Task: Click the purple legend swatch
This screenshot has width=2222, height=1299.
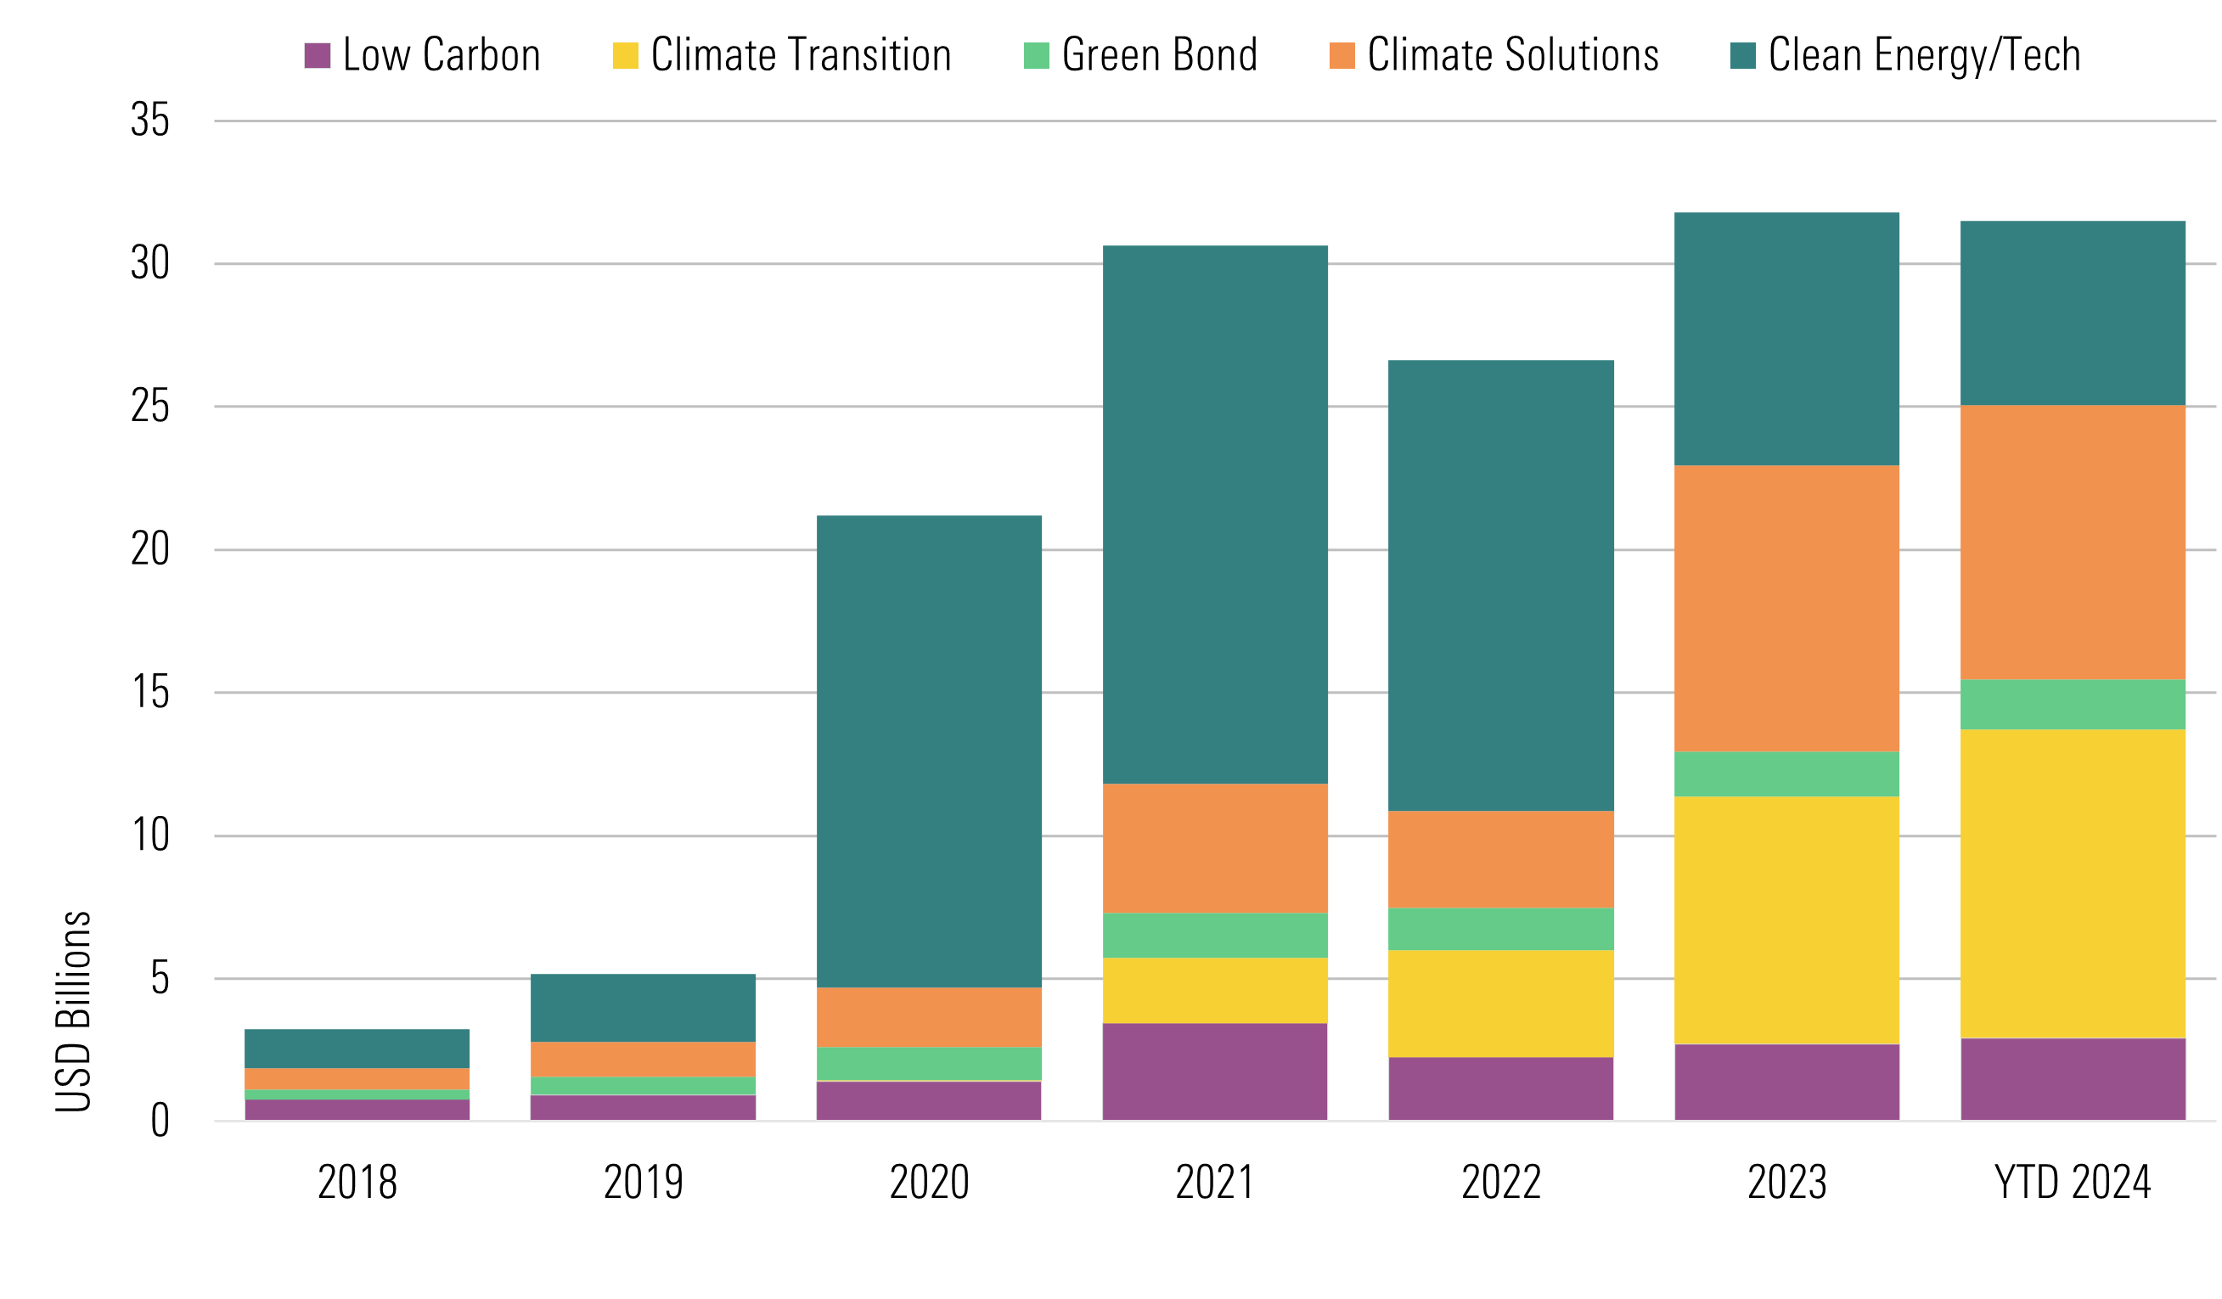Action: pos(318,55)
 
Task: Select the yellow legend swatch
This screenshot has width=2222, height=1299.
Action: pos(625,55)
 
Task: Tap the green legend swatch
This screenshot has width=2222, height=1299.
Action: pos(1036,55)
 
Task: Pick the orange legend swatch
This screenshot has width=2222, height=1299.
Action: pos(1342,55)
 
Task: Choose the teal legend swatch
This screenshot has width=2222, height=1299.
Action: pos(1742,55)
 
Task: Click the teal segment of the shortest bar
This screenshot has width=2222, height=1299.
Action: pos(357,1049)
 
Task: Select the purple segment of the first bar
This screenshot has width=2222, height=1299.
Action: pos(357,1110)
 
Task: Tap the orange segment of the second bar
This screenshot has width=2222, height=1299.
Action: pos(643,1059)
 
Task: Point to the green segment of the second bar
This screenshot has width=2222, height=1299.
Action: pos(643,1086)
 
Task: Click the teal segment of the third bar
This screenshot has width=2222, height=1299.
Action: pos(930,751)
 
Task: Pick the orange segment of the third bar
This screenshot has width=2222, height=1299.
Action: pos(930,1017)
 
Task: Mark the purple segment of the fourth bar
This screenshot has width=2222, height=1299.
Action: pos(1215,1071)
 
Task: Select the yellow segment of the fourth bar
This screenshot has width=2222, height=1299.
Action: pos(1215,990)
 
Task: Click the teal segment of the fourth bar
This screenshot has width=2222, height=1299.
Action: pos(1215,515)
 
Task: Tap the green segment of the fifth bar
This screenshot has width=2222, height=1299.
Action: pos(1502,929)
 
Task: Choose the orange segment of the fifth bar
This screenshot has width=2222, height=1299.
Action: pos(1502,859)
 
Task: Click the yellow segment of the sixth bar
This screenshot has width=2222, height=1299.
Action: pos(1787,920)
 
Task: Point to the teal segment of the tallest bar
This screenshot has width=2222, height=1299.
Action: pos(1787,339)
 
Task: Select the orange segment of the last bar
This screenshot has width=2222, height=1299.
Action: pos(2073,543)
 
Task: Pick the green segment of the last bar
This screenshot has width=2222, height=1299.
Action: pos(2073,705)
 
